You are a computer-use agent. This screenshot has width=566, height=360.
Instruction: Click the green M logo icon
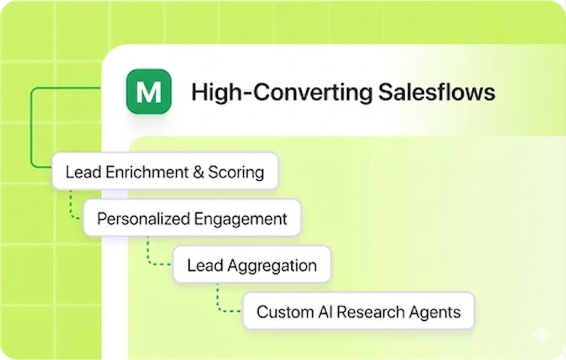[148, 92]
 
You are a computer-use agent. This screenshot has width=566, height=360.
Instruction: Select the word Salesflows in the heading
[436, 92]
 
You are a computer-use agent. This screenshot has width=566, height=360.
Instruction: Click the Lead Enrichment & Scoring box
[164, 171]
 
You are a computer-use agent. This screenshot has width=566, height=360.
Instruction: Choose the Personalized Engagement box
[192, 218]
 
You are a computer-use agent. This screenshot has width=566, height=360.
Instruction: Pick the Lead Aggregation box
[251, 265]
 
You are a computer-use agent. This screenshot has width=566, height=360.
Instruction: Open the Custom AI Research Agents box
[358, 311]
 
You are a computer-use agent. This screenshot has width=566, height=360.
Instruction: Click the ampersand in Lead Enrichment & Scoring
[198, 172]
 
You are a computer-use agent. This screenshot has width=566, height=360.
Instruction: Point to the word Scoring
[235, 172]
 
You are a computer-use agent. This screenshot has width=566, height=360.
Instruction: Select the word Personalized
[143, 219]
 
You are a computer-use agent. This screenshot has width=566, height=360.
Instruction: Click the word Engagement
[240, 219]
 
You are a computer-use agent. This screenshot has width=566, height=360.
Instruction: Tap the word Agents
[434, 311]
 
